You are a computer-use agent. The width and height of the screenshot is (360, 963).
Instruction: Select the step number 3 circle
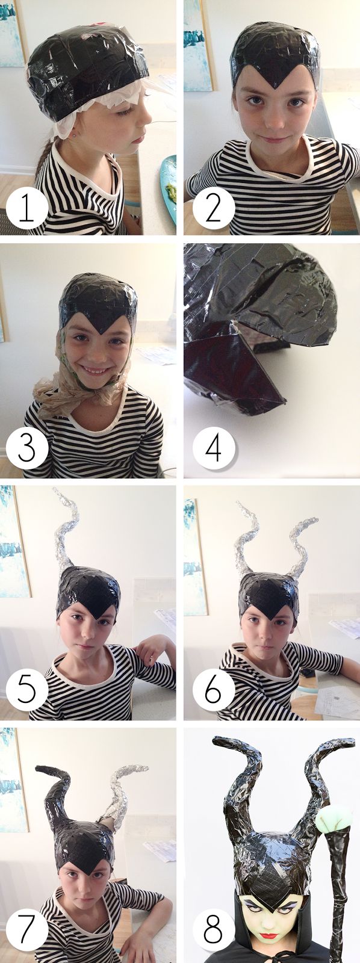point(26,450)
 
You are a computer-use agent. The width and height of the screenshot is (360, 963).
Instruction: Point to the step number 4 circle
point(213,450)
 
